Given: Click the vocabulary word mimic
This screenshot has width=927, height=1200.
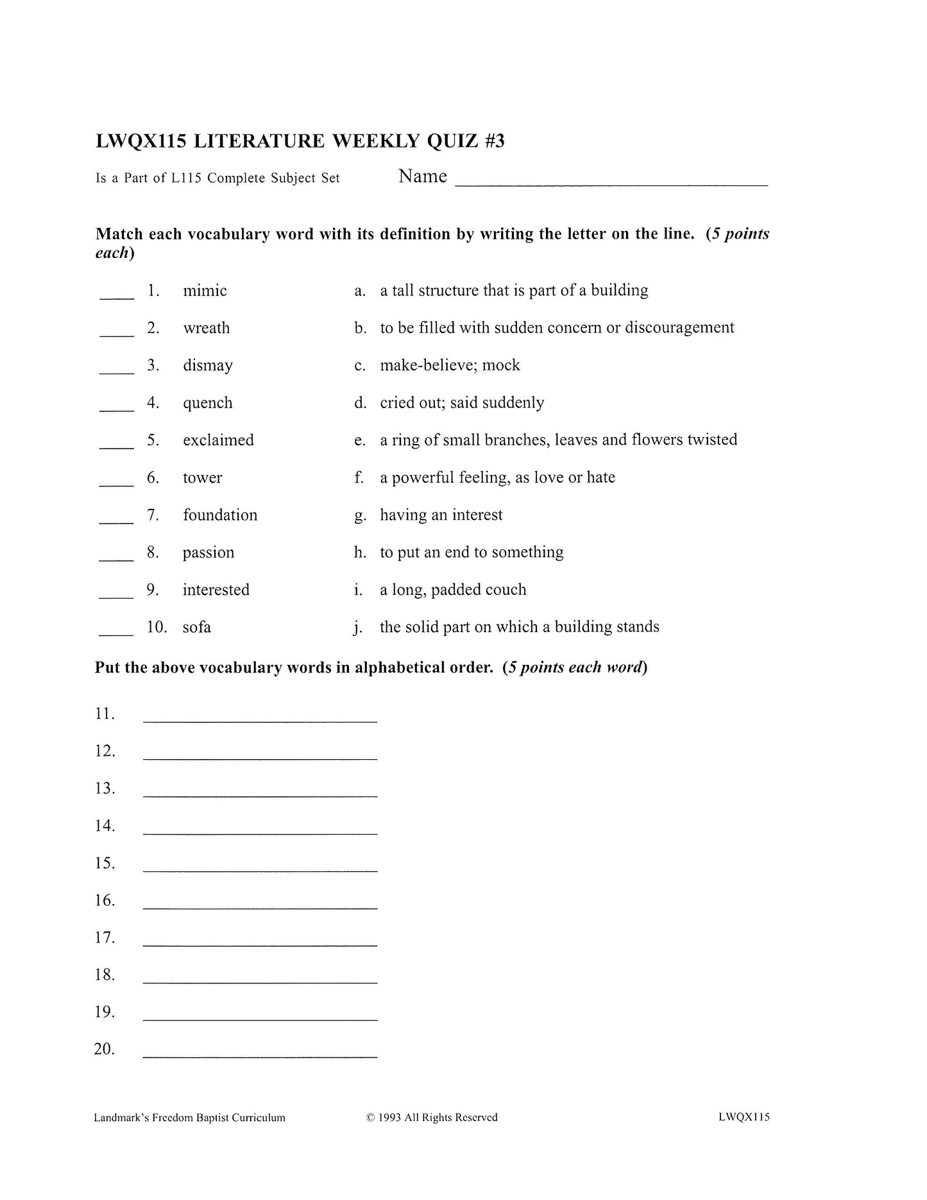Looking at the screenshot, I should pos(205,291).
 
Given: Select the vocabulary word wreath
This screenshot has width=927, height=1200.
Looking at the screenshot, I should pos(206,328).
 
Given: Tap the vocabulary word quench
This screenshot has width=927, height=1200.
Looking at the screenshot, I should pos(207,403).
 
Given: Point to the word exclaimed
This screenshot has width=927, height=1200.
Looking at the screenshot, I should pos(218,440).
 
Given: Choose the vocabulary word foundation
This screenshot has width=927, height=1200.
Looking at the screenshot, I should pos(220,515).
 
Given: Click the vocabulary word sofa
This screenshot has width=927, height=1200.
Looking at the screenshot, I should pos(196,627).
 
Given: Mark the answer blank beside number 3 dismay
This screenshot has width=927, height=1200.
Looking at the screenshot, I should pos(117,372).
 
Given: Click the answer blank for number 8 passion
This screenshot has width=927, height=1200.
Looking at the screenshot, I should pos(116,560).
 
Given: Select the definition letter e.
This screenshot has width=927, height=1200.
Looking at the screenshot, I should pos(359,441).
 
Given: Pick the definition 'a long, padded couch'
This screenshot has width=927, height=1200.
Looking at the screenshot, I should pos(453,590).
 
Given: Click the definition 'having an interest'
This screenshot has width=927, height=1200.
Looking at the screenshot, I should pos(441,515).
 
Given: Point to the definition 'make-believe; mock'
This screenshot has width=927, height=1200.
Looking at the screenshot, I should pos(450,365).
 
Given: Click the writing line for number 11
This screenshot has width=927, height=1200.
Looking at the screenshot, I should pos(260,721).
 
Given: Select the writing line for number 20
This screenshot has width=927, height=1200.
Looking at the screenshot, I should pos(260,1056).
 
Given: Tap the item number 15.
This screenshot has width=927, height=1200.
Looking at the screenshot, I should pos(105,863).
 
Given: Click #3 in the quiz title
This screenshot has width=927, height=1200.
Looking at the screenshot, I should pos(495,141).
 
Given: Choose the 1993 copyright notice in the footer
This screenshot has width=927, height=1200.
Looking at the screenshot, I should pos(432,1117).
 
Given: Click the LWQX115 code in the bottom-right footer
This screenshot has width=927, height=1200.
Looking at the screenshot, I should pos(744,1117).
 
